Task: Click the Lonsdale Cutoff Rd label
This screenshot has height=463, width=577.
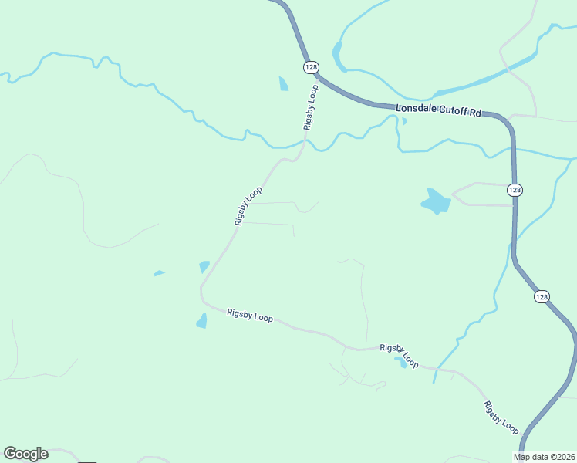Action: (438, 111)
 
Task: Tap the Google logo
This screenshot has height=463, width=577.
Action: (25, 454)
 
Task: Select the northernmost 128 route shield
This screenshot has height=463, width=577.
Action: (310, 67)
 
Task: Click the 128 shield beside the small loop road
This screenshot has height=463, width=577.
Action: (515, 190)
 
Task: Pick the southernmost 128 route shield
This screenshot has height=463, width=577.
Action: (542, 296)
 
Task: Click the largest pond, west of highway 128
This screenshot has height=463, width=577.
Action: (436, 202)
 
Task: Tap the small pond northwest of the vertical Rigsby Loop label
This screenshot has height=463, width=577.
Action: (284, 83)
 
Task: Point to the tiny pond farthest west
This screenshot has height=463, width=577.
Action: (159, 272)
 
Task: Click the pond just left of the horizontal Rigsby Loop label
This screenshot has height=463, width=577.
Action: (202, 321)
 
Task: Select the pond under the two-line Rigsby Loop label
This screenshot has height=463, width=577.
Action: (400, 362)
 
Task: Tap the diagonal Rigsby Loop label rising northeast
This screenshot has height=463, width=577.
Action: (249, 206)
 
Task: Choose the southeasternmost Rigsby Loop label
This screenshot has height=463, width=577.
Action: (501, 417)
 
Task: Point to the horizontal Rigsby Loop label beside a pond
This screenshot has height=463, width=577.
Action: (250, 316)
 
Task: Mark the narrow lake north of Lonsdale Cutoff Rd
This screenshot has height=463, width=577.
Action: (338, 56)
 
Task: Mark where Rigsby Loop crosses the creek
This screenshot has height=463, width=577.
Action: (305, 141)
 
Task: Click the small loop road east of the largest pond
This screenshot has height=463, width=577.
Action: (482, 194)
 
